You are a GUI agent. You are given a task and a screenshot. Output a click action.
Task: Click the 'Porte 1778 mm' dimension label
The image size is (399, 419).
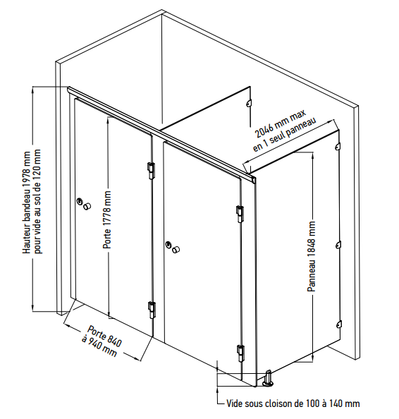[x=107, y=219]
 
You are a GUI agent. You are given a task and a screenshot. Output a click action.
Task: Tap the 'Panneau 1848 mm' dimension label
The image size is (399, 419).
[x=312, y=256]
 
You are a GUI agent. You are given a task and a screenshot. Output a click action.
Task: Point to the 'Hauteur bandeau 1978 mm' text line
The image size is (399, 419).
[x=27, y=202]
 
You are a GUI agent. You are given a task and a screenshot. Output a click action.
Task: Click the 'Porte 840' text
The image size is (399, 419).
[x=104, y=336]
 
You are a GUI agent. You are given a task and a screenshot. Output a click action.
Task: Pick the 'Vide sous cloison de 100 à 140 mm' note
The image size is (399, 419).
[x=293, y=403]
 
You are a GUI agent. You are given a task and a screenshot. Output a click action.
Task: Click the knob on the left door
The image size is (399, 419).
[x=87, y=206]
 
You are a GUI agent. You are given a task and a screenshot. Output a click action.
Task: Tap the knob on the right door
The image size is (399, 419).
[x=176, y=250]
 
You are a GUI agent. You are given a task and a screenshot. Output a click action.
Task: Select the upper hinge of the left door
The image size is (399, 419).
[x=151, y=171]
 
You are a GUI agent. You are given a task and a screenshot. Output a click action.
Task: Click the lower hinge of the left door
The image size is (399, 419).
[x=152, y=310]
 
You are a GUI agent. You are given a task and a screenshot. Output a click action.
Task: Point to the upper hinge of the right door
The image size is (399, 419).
[x=240, y=214]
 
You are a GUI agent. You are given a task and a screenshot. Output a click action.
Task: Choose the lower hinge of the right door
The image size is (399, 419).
[x=240, y=353]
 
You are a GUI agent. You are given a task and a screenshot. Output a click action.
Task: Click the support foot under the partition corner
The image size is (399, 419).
[x=268, y=378]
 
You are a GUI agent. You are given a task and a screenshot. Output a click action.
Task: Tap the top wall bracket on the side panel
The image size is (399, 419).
[x=337, y=146]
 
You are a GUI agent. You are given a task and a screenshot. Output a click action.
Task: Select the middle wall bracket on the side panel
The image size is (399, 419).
[x=338, y=245]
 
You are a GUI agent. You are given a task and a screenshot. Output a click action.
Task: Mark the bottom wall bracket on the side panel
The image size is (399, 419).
[x=338, y=324]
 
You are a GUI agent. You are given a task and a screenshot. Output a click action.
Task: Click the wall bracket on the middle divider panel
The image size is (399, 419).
[x=248, y=103]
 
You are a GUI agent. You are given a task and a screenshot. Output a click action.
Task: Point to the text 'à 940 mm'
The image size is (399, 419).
[x=99, y=346]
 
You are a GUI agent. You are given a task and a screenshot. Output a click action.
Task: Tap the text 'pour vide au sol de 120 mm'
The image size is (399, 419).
[x=37, y=202]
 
